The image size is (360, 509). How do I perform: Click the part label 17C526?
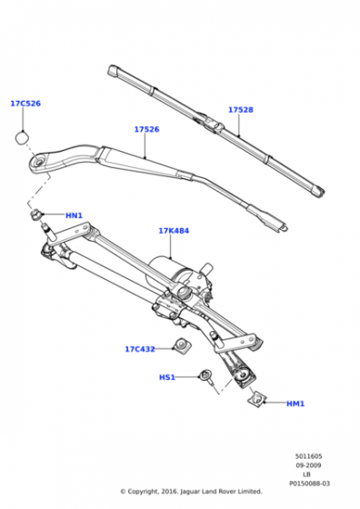tap(25, 104)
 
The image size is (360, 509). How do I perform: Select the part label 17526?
tap(146, 129)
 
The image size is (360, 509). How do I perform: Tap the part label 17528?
tap(241, 110)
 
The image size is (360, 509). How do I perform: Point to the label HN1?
tap(74, 215)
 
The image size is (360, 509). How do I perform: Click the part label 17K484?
tap(174, 231)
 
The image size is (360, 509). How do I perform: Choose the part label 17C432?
tap(140, 349)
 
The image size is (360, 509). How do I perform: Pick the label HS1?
tap(167, 377)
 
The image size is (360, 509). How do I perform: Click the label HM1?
tap(295, 404)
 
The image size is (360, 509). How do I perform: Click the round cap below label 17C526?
tap(22, 138)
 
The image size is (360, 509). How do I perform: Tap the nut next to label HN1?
tap(35, 215)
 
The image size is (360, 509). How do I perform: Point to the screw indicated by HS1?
tap(206, 376)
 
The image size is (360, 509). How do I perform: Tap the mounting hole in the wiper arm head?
tap(38, 162)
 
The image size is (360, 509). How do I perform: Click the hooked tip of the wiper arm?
tap(282, 226)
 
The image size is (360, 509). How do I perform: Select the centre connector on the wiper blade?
tap(211, 124)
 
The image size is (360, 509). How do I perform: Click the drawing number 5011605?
tap(309, 456)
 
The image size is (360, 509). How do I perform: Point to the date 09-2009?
tap(309, 465)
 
